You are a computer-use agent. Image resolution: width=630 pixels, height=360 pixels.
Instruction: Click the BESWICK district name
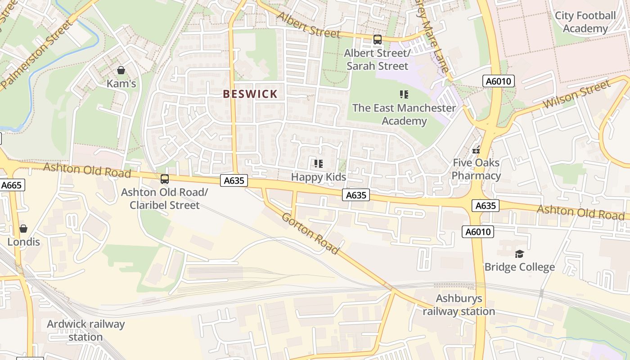pos(251,94)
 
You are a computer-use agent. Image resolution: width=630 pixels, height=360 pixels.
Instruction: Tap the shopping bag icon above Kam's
pos(121,70)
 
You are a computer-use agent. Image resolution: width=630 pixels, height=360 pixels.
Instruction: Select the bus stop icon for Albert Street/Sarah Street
pos(377,40)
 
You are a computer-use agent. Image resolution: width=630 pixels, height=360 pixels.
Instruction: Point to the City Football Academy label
pos(585,22)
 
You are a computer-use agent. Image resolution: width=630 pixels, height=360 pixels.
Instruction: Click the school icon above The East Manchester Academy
pos(404,94)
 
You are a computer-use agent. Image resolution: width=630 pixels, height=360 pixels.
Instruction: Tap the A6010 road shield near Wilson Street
pos(498,81)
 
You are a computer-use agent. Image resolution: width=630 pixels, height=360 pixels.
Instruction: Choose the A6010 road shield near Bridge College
pos(478,232)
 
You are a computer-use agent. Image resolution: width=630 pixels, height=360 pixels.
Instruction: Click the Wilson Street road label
pos(577,95)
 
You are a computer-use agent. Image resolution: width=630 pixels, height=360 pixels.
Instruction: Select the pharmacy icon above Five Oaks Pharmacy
pos(476,150)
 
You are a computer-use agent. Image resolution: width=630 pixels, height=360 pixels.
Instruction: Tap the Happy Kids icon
pos(319,164)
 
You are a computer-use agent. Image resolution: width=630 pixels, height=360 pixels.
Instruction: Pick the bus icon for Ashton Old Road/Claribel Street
pos(165,179)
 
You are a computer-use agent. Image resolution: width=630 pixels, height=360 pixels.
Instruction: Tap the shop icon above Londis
pos(23,229)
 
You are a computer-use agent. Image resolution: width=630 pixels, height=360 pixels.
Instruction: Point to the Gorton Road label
pos(310,233)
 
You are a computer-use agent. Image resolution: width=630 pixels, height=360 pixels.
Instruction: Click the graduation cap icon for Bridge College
pos(519,254)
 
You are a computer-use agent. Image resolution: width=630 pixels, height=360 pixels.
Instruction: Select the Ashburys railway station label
pos(459,305)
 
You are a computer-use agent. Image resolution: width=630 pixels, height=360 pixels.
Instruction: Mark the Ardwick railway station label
pos(86,330)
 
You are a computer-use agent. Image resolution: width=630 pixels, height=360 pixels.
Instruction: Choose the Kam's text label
pos(121,83)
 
